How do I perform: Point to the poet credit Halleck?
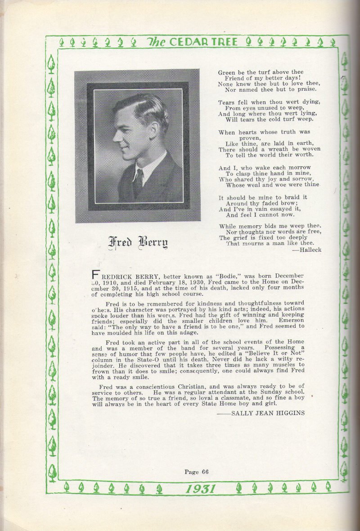310,250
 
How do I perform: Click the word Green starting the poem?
227,72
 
